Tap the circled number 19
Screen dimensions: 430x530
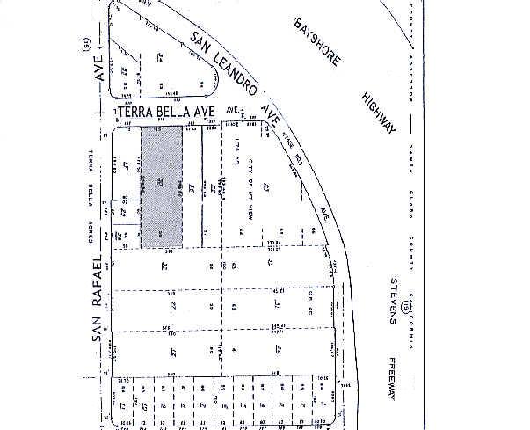click(x=405, y=307)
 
